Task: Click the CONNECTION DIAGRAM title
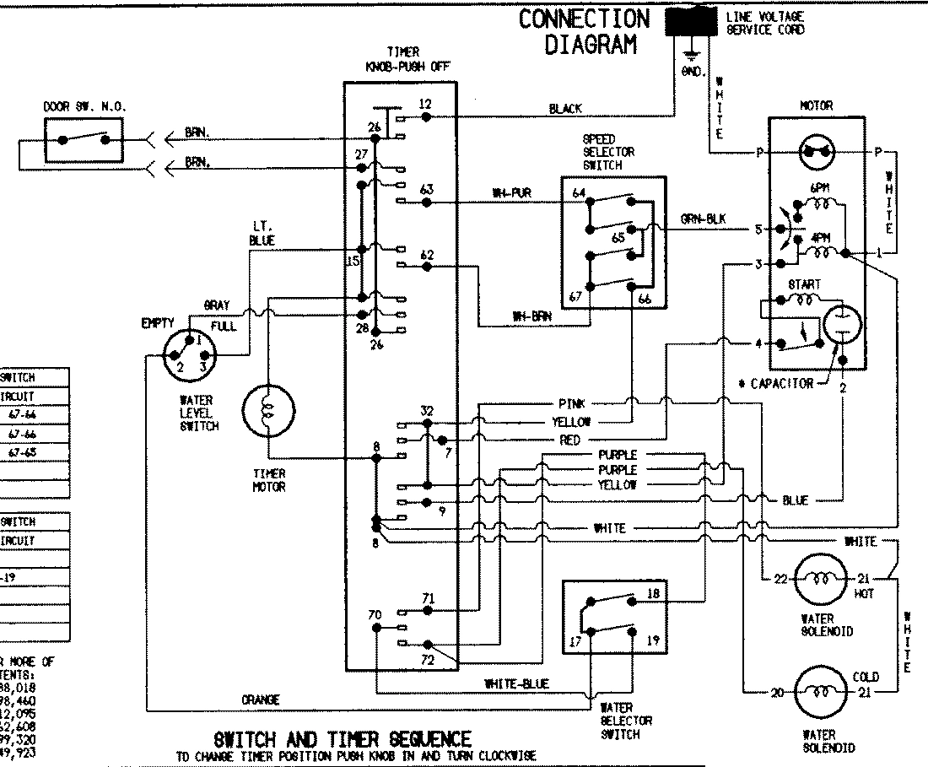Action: (585, 31)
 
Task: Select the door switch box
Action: (83, 140)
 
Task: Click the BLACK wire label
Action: (564, 109)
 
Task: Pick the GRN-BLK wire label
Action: (704, 219)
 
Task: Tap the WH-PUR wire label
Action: (511, 193)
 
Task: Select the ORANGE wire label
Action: (260, 699)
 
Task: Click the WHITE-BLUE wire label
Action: (516, 683)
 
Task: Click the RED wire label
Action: (569, 440)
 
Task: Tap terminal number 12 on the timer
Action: (425, 104)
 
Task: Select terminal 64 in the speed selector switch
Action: (579, 193)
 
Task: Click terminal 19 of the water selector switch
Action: (652, 641)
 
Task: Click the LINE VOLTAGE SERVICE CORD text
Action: (764, 23)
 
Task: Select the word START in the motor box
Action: (803, 285)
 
